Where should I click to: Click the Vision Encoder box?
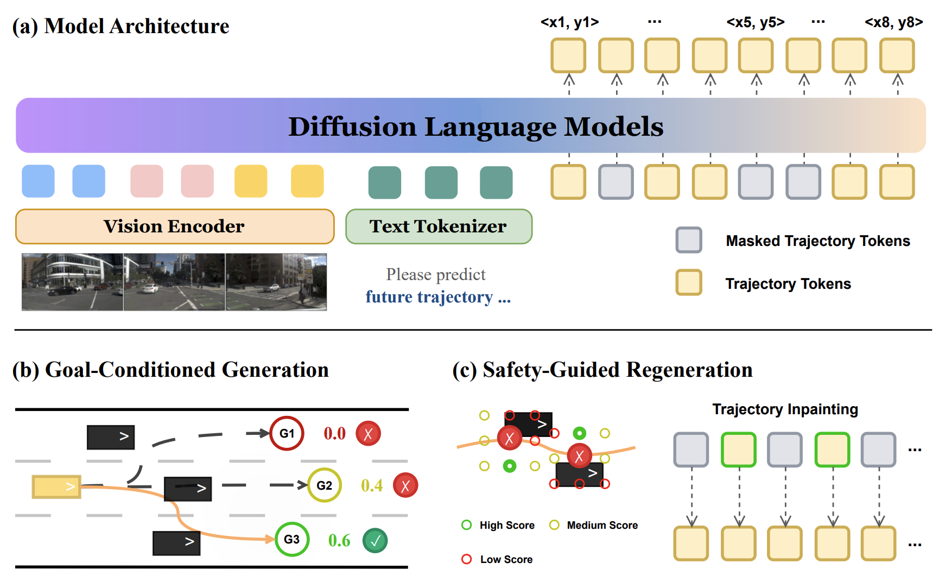click(x=175, y=226)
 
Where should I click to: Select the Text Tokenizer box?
click(x=439, y=226)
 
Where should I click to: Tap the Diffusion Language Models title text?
click(x=475, y=126)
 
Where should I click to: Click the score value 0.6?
click(x=339, y=540)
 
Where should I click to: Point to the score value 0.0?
click(x=335, y=433)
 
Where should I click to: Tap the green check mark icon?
click(x=375, y=541)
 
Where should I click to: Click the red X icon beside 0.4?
click(x=405, y=485)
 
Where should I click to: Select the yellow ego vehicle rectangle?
click(x=56, y=486)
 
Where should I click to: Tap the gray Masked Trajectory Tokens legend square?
click(x=689, y=240)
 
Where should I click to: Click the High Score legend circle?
click(x=466, y=525)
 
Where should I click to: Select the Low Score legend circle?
click(x=466, y=559)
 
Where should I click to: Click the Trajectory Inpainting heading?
click(x=785, y=409)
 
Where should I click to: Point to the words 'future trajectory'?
click(x=429, y=297)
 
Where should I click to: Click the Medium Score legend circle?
click(x=554, y=525)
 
